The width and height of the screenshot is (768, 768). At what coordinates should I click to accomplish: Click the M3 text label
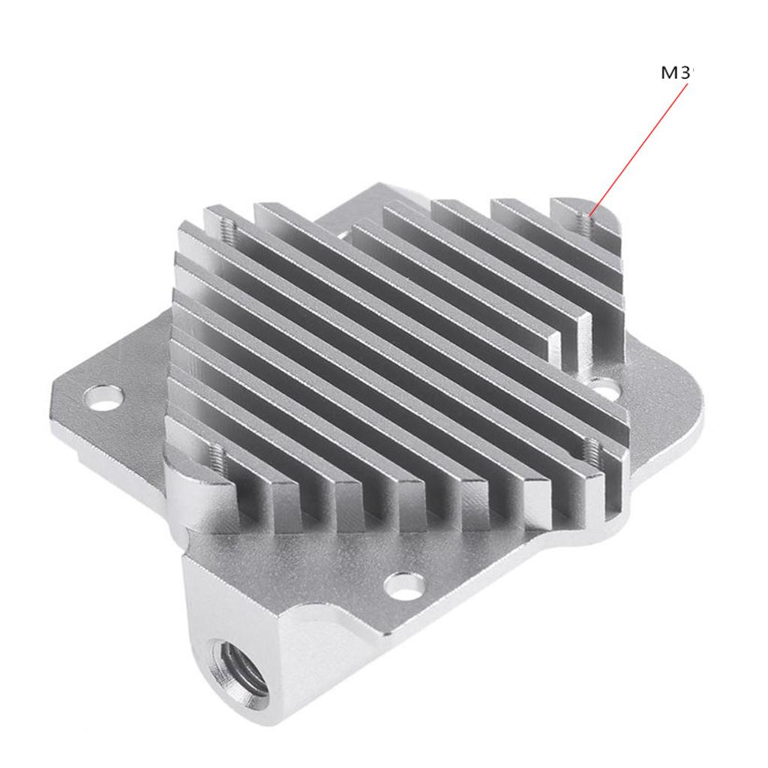(x=677, y=73)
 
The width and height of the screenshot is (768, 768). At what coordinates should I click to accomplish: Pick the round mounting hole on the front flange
(x=405, y=586)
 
